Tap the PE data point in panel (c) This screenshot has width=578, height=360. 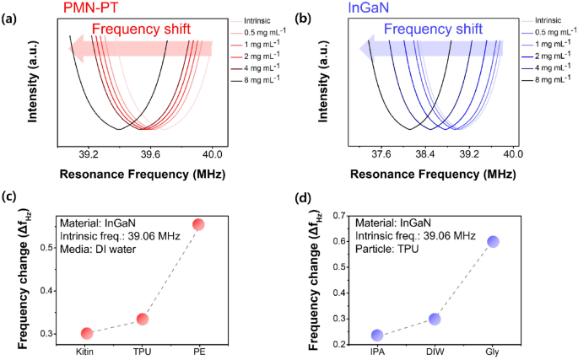coord(199,224)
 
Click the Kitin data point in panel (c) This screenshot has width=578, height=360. coord(86,334)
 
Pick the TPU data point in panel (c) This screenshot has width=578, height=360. coord(143,319)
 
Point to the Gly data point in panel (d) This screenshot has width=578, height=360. coord(493,242)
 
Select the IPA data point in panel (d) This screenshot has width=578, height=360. coord(377,336)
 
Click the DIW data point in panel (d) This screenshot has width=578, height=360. coord(435,319)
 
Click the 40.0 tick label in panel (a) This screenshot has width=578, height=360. coord(212,155)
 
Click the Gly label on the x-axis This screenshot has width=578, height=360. coord(493,350)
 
